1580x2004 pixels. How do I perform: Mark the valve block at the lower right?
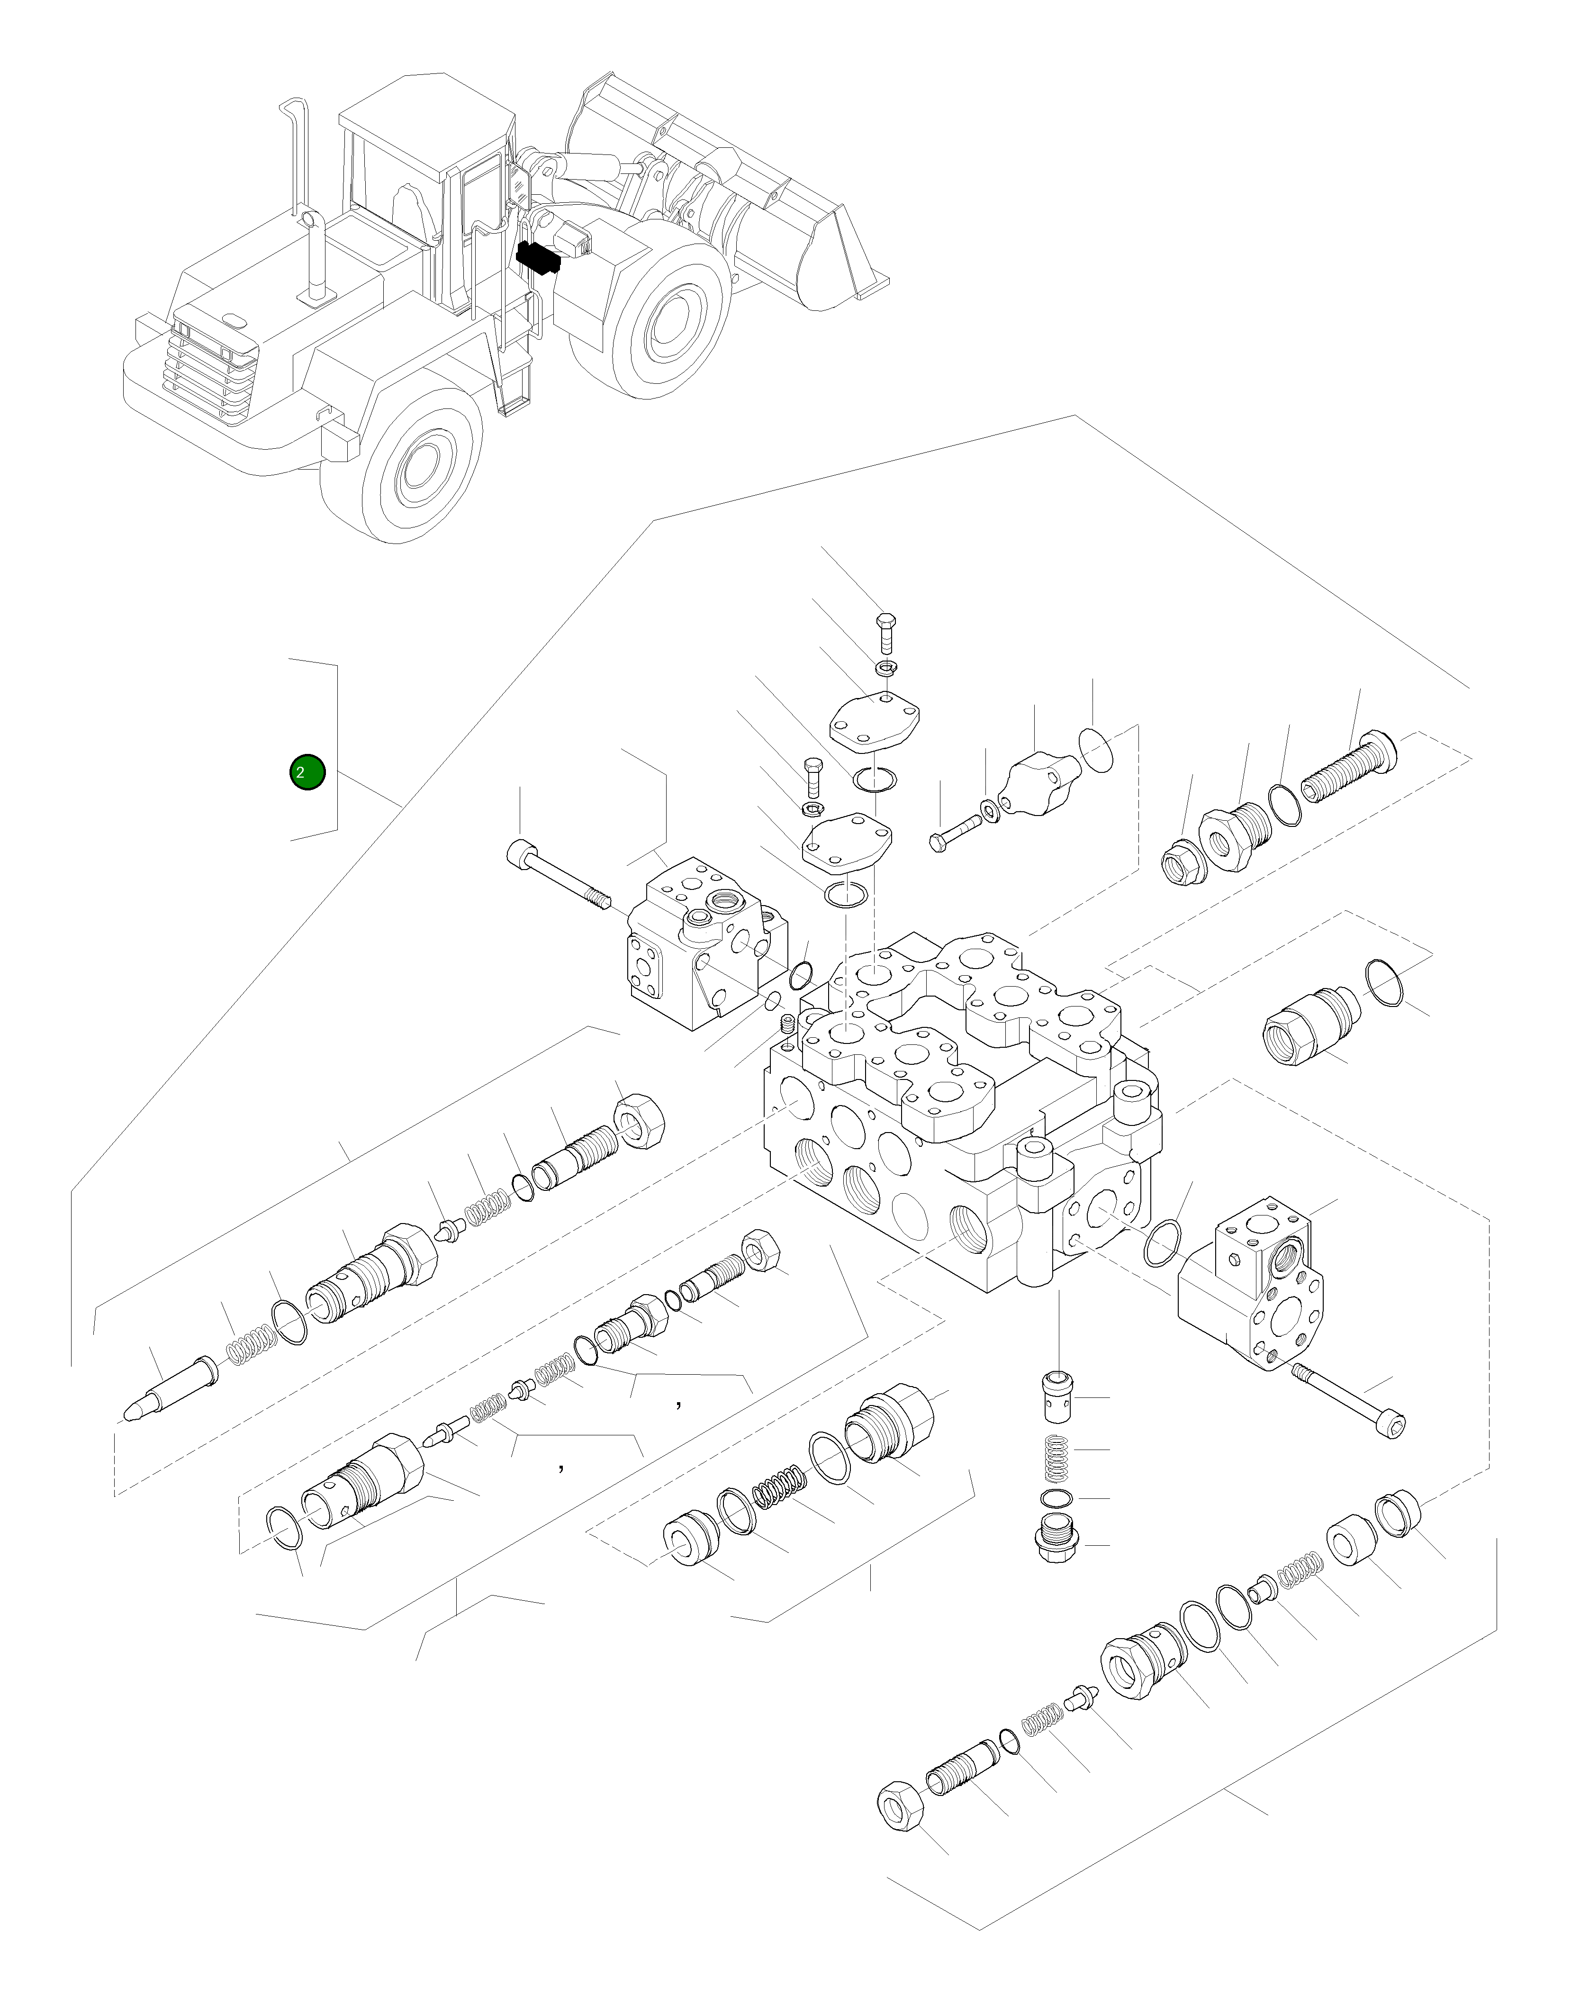click(x=1254, y=1286)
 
